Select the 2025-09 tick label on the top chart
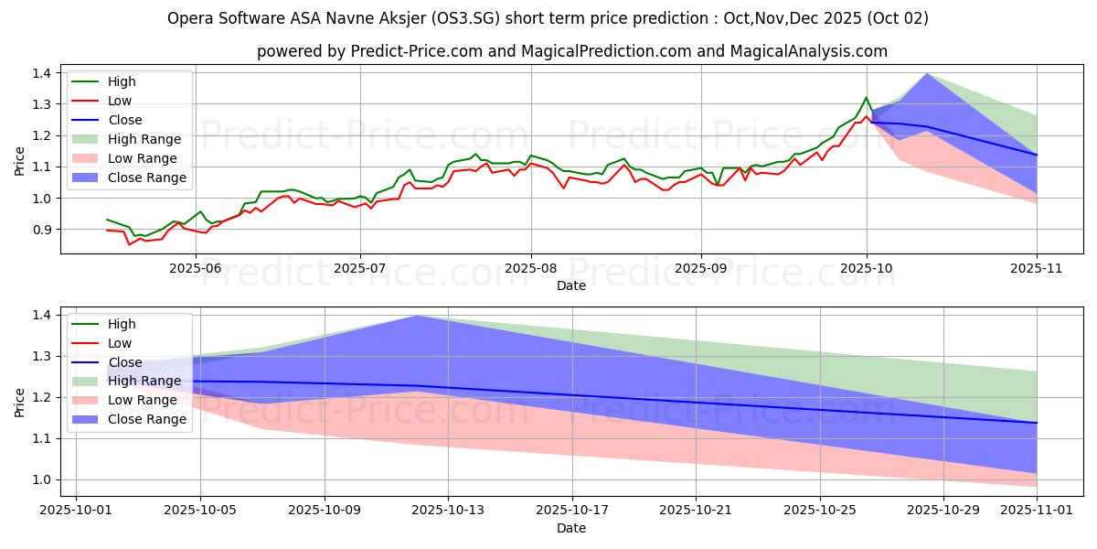(701, 267)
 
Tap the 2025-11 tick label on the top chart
(1037, 267)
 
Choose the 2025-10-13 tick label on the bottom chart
(448, 510)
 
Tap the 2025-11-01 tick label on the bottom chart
(1037, 510)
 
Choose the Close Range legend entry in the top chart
(146, 178)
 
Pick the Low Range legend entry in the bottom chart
(143, 400)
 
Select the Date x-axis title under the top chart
(571, 285)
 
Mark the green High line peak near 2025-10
(866, 97)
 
